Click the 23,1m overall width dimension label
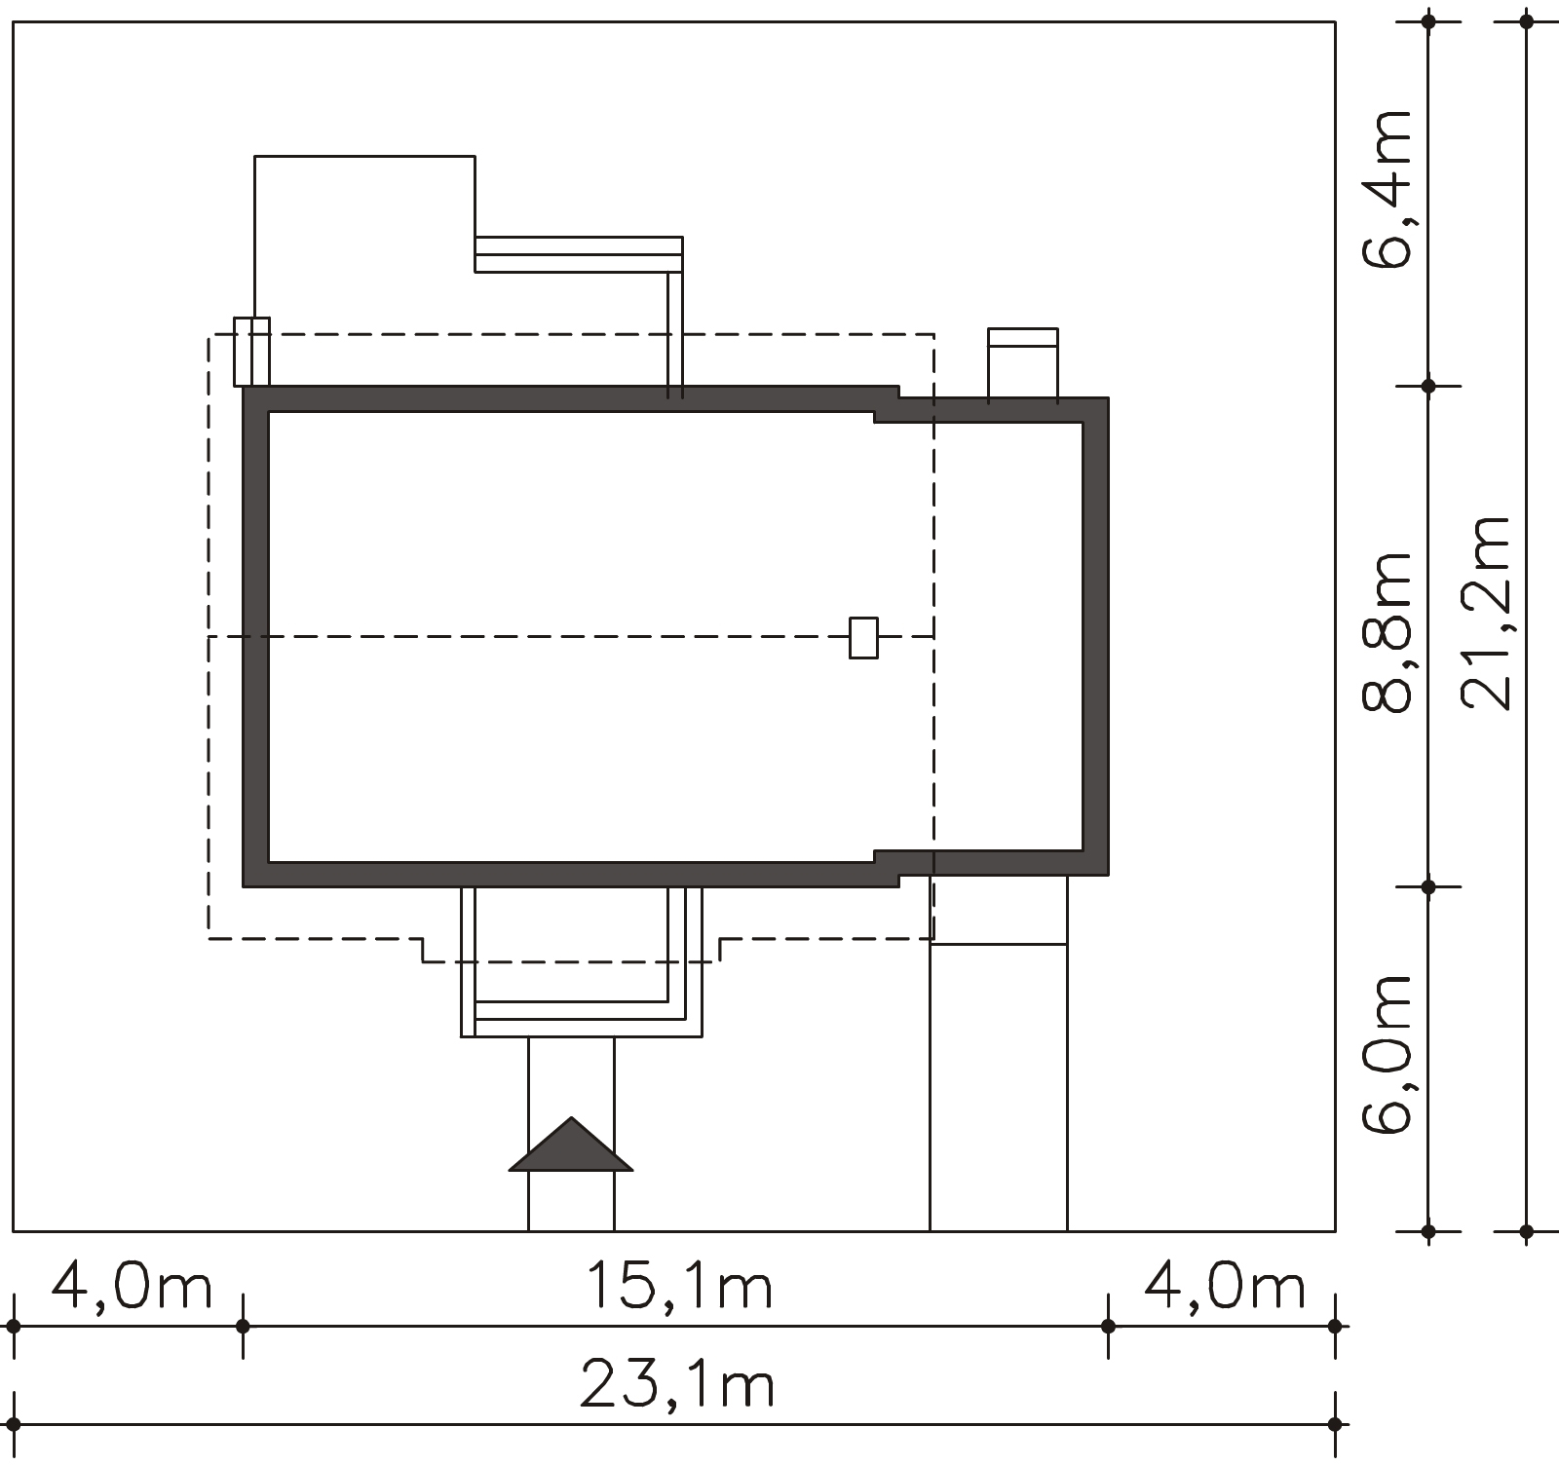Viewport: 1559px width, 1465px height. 678,1385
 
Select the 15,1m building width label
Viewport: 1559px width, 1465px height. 678,1287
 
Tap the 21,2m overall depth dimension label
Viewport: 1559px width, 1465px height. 1486,613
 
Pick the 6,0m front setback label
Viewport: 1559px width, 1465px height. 1387,1054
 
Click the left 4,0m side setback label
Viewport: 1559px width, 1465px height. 132,1287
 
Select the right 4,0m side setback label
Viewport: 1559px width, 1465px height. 1224,1287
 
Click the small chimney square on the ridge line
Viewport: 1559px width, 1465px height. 863,638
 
